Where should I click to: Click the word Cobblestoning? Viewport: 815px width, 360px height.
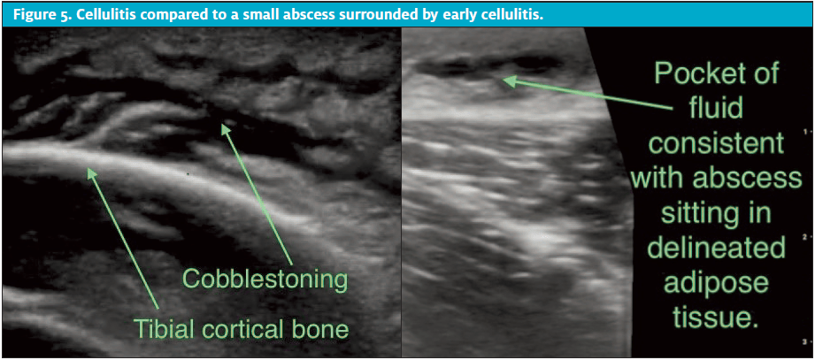265,280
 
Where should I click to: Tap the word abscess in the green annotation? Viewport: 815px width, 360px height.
757,180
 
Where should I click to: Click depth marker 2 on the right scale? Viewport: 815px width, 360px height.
804,234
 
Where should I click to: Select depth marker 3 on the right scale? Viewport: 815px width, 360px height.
804,341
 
